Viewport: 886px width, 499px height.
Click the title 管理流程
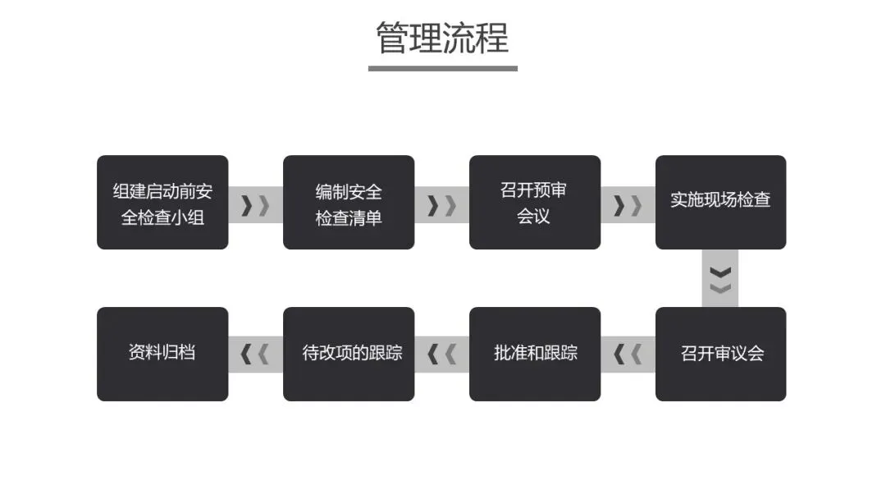(442, 38)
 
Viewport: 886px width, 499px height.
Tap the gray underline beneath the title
(442, 68)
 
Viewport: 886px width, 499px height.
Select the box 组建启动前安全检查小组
(162, 203)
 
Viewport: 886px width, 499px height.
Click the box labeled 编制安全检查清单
(349, 203)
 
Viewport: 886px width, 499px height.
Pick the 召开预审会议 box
(535, 203)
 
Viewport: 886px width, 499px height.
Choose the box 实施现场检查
(720, 203)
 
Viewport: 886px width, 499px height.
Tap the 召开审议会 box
(720, 354)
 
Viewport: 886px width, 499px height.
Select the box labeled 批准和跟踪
(535, 354)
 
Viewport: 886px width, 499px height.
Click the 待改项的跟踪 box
(349, 354)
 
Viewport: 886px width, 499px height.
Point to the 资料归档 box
(162, 354)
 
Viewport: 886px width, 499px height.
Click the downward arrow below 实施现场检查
(720, 279)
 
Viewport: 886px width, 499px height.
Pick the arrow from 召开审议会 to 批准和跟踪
(628, 355)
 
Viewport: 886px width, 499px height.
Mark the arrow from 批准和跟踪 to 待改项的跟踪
(441, 355)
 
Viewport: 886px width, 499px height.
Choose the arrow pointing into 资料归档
(255, 355)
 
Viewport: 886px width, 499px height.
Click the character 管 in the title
(392, 38)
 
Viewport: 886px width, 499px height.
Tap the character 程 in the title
(493, 38)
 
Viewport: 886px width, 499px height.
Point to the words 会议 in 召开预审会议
(533, 217)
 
